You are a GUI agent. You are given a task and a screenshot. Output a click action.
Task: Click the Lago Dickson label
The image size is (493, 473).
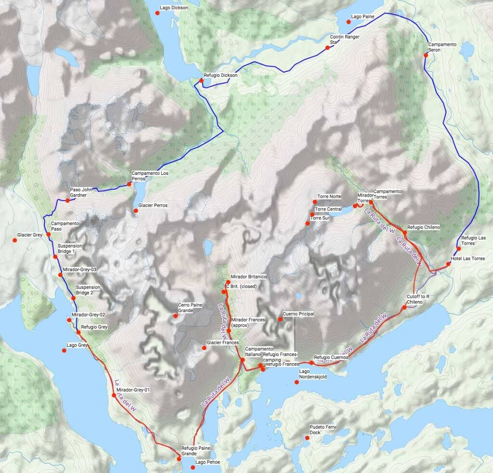click(x=174, y=8)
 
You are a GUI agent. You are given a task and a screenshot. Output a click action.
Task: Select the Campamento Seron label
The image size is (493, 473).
click(x=442, y=47)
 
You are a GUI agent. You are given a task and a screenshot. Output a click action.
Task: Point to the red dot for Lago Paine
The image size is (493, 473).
click(x=349, y=22)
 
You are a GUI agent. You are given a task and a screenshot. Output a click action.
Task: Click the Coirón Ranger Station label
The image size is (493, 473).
click(x=345, y=39)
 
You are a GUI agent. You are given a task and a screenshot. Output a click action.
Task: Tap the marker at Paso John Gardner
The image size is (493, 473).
click(x=68, y=200)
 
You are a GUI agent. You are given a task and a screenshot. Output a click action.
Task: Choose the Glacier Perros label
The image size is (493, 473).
click(x=153, y=206)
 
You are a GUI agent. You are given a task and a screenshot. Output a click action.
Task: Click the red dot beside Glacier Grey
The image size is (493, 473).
click(x=14, y=240)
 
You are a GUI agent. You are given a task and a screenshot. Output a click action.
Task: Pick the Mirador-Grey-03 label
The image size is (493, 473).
click(x=79, y=269)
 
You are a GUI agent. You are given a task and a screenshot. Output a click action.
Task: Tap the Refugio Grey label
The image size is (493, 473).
click(x=94, y=327)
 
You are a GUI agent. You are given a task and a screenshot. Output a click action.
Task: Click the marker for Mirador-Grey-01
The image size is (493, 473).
click(x=114, y=395)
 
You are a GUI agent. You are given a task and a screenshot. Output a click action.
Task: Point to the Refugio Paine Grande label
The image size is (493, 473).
click(x=195, y=451)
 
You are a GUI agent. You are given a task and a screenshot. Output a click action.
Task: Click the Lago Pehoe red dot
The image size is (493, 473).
click(x=193, y=467)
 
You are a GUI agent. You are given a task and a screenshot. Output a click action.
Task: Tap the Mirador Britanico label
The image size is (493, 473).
click(x=249, y=277)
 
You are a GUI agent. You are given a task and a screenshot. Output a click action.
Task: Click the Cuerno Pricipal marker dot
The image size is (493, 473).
click(x=280, y=319)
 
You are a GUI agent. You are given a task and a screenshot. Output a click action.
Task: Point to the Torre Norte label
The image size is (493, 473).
click(x=329, y=197)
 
